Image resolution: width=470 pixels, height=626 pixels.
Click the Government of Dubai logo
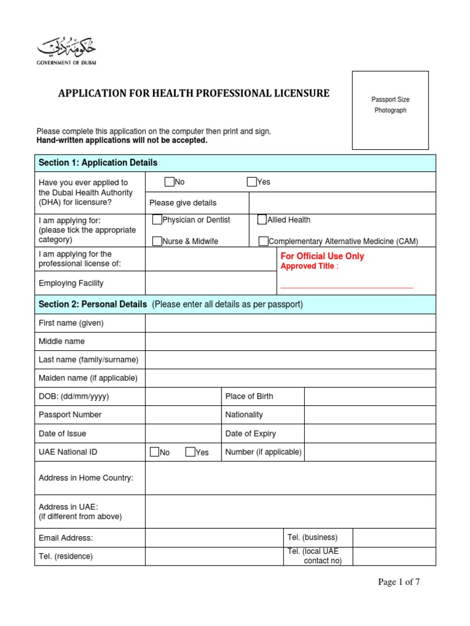[x=67, y=51]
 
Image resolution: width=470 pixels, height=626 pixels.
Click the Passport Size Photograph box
[x=390, y=110]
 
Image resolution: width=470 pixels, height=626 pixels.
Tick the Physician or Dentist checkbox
[x=158, y=220]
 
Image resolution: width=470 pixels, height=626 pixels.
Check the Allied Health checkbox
[x=262, y=220]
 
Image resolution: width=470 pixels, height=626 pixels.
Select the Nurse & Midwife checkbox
[x=158, y=241]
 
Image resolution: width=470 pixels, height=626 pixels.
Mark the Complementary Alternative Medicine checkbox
[x=263, y=241]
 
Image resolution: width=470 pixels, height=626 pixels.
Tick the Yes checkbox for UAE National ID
[x=190, y=452]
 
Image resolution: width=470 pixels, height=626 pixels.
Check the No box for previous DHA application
[x=170, y=182]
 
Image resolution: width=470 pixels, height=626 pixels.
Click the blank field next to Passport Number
[x=183, y=414]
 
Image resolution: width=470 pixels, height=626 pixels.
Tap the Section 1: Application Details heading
[x=98, y=163]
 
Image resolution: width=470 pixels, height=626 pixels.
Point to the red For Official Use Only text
[x=322, y=256]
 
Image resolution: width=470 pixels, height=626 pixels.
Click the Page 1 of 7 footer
[x=399, y=582]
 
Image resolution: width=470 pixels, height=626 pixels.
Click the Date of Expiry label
[x=250, y=433]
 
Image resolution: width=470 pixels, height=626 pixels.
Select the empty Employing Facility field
[x=211, y=283]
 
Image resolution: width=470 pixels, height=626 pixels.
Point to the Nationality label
[x=244, y=414]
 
